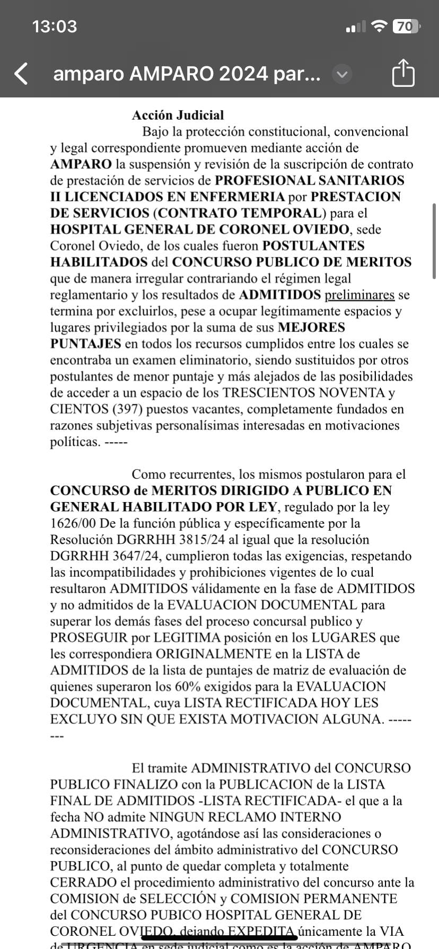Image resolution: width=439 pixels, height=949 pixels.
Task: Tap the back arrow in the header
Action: click(21, 74)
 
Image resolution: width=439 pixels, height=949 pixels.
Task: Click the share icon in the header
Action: click(403, 73)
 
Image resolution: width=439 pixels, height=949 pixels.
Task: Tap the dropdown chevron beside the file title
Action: click(342, 74)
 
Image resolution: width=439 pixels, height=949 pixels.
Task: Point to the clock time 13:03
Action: click(55, 26)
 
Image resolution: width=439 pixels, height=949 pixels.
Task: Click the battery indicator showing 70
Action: click(406, 26)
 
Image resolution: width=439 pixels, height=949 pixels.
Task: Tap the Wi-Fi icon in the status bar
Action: click(379, 26)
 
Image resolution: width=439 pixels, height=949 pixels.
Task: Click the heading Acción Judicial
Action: click(178, 115)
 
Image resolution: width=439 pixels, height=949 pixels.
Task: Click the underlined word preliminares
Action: click(359, 295)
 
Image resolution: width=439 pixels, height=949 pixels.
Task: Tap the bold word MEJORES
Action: click(312, 328)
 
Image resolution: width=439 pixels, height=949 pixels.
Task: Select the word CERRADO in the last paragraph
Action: click(83, 883)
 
